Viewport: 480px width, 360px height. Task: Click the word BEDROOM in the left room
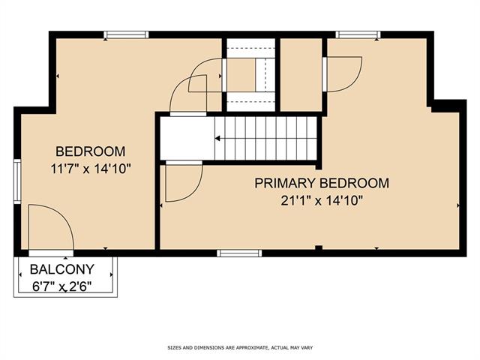tap(90, 151)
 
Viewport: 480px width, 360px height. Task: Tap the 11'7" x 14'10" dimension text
tap(91, 169)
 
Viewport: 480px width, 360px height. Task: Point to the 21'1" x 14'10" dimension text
tap(322, 201)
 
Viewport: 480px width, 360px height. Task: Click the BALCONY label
tap(62, 269)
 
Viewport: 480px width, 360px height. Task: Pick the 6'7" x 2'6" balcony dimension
tap(62, 286)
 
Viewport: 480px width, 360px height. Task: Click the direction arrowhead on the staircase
tap(217, 139)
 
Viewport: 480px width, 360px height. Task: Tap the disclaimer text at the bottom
tap(240, 348)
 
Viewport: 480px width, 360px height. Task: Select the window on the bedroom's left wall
tap(17, 181)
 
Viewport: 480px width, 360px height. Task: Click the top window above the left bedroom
tap(126, 34)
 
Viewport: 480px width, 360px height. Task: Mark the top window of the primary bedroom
tap(358, 34)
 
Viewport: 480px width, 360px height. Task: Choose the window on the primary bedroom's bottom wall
tap(239, 253)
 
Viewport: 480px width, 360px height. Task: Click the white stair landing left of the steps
tap(187, 138)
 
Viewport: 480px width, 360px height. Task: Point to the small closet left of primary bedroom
tap(301, 75)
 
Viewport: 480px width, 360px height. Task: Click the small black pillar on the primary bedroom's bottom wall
tap(319, 247)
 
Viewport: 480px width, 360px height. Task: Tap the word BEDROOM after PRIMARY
tap(355, 183)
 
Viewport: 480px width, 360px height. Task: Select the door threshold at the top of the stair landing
tap(188, 114)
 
